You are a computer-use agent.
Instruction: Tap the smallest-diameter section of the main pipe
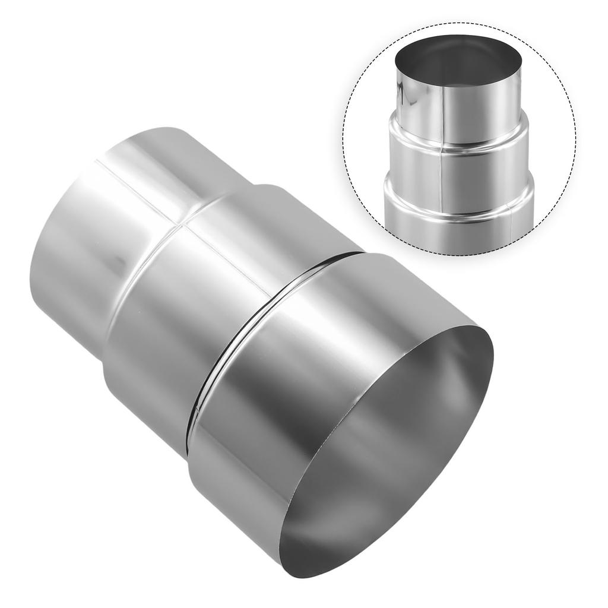(89, 237)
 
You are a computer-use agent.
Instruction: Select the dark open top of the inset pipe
(458, 59)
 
